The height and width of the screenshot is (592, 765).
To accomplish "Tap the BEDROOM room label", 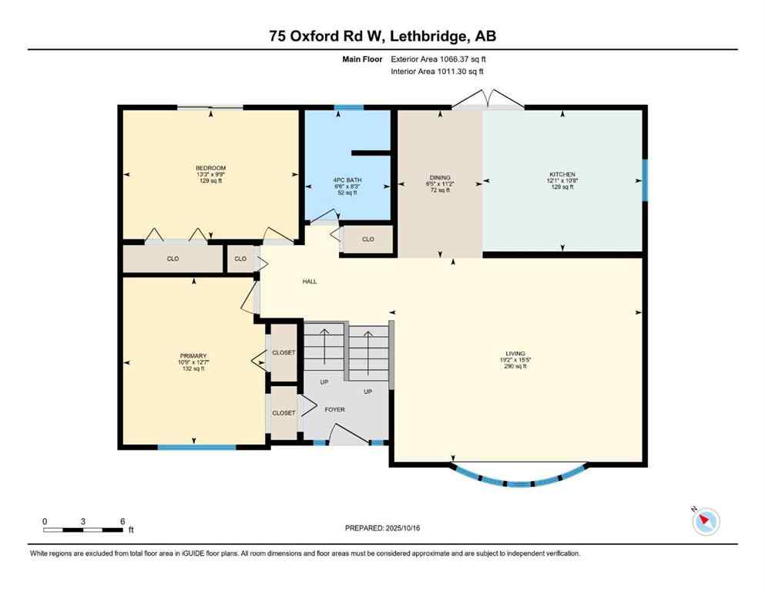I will tap(210, 168).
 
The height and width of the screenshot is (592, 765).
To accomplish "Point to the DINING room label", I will tap(440, 177).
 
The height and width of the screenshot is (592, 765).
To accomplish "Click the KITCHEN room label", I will tap(562, 174).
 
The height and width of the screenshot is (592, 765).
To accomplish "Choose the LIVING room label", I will tap(515, 355).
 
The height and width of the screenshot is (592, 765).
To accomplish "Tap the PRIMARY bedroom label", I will tap(193, 355).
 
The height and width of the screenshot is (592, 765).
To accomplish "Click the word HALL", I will tap(309, 281).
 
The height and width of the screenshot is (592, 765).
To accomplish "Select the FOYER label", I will tap(334, 409).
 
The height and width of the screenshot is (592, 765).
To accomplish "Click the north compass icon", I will tap(705, 521).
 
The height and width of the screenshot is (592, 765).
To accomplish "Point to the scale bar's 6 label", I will tap(122, 521).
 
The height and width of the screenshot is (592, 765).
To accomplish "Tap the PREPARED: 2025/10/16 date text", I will tap(382, 528).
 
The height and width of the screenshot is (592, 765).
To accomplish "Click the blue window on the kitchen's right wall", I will tap(644, 178).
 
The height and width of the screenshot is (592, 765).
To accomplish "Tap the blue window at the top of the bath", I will tap(348, 107).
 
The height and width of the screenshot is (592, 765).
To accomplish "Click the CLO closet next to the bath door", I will tap(367, 240).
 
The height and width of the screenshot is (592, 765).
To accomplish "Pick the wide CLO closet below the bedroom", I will tap(173, 259).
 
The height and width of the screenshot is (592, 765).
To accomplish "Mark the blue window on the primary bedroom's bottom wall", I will tap(196, 446).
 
